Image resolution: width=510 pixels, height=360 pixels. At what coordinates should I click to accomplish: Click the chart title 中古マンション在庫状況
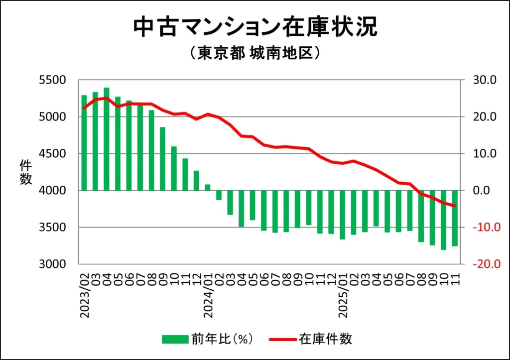255,28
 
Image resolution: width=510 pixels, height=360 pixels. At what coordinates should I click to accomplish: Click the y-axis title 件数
25,172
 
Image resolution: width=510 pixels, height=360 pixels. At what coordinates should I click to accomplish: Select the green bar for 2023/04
107,139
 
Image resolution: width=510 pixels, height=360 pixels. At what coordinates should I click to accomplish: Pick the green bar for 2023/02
84,143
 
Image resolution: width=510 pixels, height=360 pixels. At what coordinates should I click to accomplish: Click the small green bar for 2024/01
208,187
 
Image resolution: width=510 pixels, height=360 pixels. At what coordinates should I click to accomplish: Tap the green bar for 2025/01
342,215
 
